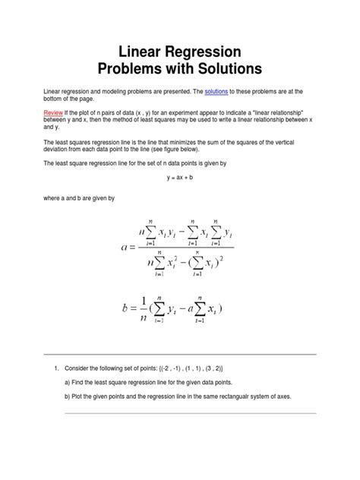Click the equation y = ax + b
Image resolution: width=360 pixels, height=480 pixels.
(x=180, y=177)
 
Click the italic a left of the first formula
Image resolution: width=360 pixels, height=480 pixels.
(x=125, y=247)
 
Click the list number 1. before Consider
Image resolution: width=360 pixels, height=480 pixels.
(x=56, y=368)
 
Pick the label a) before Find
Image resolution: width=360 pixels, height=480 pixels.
(x=69, y=382)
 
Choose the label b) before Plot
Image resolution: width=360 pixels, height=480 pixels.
(x=69, y=396)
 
